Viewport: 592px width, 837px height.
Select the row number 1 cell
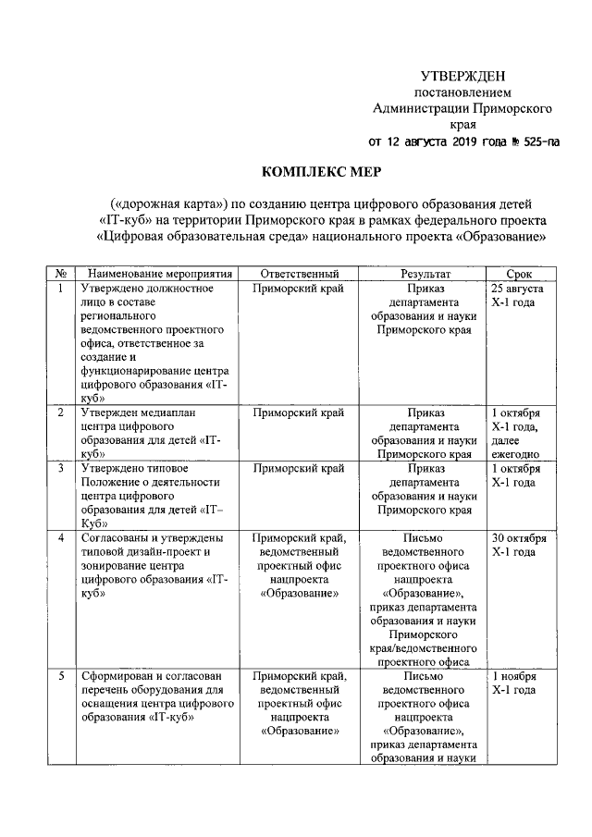60,289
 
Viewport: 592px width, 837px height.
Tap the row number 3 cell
60,469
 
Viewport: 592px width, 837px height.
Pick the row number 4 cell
60,538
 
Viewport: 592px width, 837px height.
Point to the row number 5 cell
60,676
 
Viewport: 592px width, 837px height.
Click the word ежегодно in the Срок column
517,454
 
